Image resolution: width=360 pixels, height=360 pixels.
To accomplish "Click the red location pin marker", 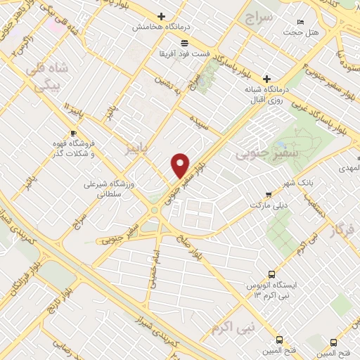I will pyautogui.click(x=181, y=165).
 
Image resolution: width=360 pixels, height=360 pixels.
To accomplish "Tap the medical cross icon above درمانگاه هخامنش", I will pyautogui.click(x=162, y=16).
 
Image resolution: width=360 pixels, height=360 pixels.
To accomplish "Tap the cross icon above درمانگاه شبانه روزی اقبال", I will pyautogui.click(x=266, y=79).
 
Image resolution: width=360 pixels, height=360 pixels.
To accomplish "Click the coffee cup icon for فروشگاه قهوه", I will pyautogui.click(x=74, y=132).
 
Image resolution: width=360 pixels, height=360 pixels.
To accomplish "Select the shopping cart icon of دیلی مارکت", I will pyautogui.click(x=266, y=194).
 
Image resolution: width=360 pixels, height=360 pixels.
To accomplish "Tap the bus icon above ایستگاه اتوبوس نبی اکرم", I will pyautogui.click(x=271, y=274).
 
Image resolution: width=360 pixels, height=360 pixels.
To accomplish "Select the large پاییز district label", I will pyautogui.click(x=137, y=148).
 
